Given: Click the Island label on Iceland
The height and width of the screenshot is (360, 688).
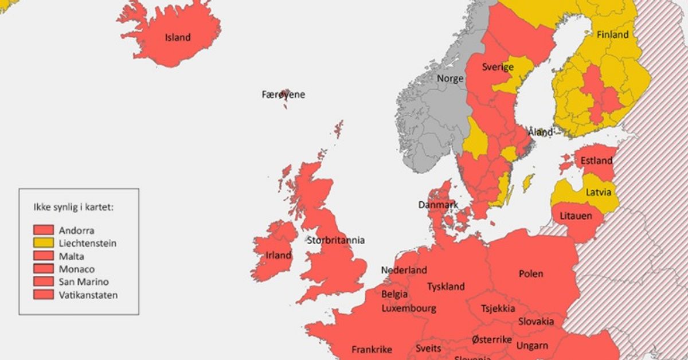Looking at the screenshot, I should pos(177,38).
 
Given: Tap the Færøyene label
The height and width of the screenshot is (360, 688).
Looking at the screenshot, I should pos(283,95).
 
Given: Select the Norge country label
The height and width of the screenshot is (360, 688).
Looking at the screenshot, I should pos(450,79).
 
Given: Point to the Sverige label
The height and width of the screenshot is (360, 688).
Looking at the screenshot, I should pos(497,66).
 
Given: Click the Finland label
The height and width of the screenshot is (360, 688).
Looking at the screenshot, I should pos(612,34).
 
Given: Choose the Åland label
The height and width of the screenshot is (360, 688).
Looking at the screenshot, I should pos(540,132).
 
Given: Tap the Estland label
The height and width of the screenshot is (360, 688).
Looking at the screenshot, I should pos(596,161).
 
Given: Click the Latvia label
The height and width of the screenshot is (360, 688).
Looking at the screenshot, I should pos(598,191).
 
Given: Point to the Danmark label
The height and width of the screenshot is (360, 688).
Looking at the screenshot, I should pos(437,205).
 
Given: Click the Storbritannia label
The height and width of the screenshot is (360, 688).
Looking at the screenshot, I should pos(335,240).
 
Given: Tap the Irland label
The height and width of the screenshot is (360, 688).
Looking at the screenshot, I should pos(278,255).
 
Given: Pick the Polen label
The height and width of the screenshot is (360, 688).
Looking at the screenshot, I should pos(530,273).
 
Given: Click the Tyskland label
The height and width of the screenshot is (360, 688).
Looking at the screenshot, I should pos(445,286).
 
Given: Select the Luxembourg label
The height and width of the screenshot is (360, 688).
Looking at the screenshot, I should pos(408,308).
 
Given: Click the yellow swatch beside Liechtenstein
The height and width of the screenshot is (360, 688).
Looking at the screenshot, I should pos(44,243).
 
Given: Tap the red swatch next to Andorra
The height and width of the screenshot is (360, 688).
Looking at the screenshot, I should pos(44,230).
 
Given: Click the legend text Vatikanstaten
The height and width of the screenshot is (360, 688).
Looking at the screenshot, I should pos(88,295).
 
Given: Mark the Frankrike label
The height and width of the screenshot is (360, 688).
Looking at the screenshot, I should pos(372,349).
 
